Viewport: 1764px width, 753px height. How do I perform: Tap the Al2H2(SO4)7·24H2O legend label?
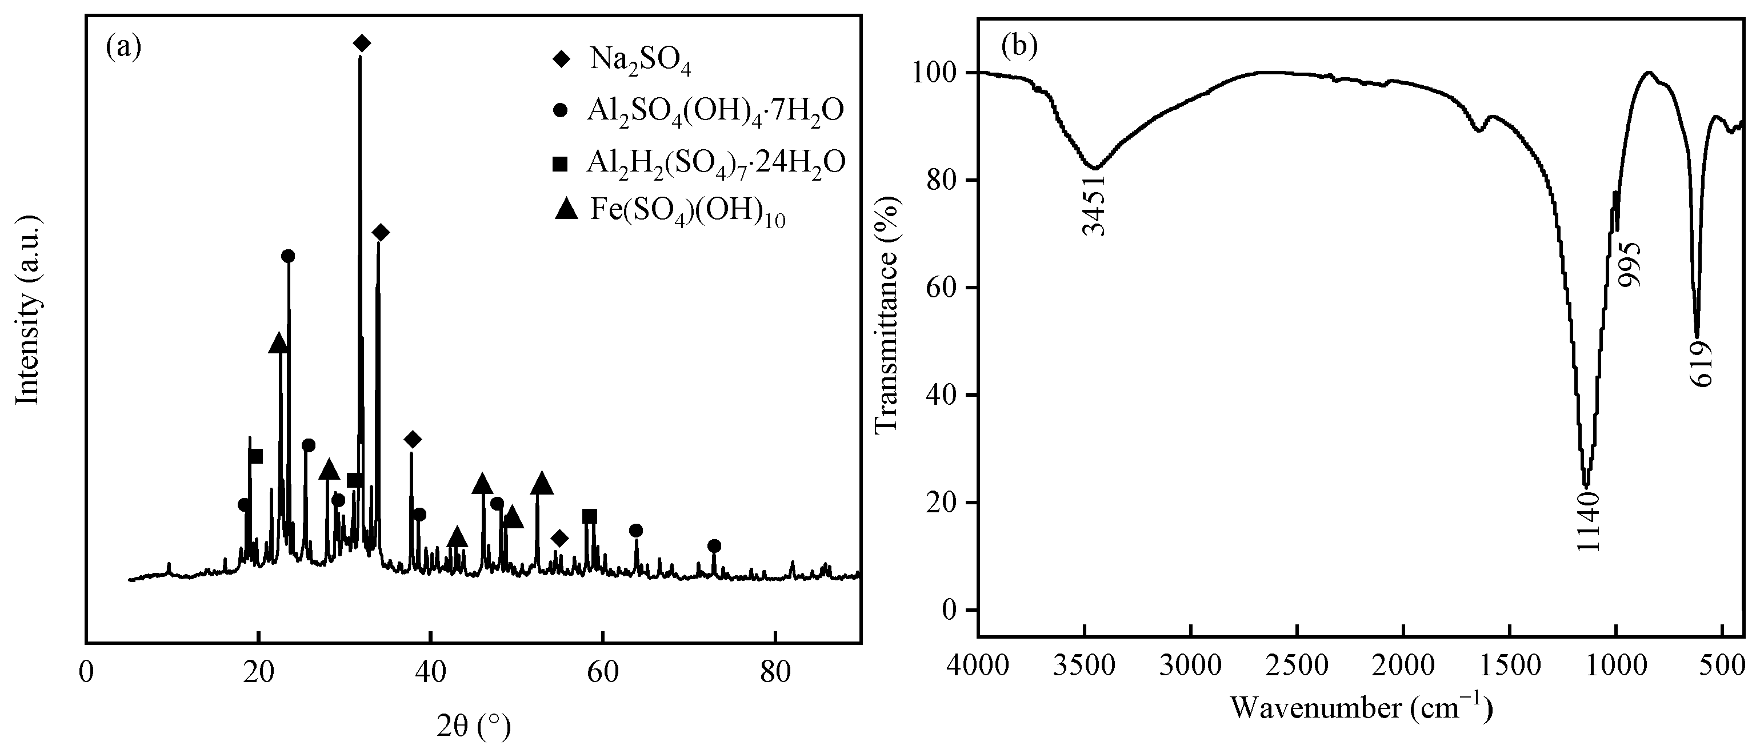coord(715,162)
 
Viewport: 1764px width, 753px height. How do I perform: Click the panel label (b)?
coord(1019,45)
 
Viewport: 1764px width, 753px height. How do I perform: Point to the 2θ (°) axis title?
coord(474,728)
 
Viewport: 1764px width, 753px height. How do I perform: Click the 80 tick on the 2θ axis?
coord(775,674)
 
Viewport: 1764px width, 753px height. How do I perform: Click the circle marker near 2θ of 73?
coord(714,546)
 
